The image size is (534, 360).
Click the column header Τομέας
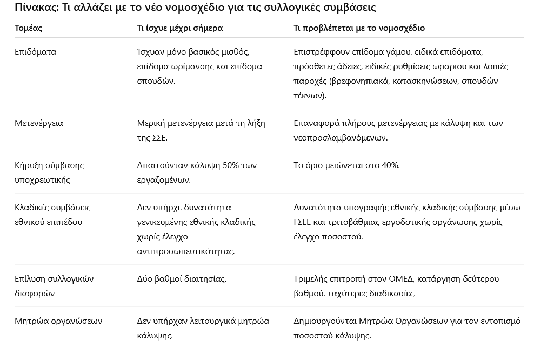(28, 28)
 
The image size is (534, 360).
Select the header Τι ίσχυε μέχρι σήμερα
(179, 28)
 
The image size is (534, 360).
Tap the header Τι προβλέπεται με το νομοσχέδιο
(359, 28)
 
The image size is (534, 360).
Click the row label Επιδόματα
(35, 52)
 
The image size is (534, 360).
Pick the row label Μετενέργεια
(39, 123)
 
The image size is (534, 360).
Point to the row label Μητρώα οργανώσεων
(58, 321)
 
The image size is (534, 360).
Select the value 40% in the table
(390, 165)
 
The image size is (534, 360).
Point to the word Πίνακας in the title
(36, 8)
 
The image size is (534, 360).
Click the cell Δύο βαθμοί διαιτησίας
(182, 279)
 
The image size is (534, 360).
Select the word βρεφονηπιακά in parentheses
(359, 81)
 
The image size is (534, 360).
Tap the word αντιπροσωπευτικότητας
(186, 251)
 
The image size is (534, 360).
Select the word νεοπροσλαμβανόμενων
(341, 138)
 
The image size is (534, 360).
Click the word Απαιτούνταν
(161, 165)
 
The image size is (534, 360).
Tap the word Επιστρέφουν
(319, 52)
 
